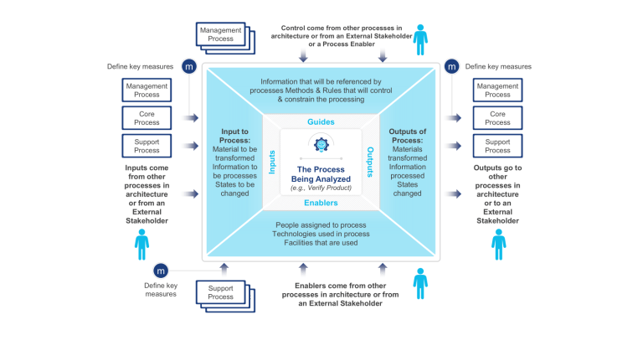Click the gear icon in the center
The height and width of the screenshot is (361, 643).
321,144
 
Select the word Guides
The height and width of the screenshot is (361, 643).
321,122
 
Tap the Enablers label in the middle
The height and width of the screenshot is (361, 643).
321,202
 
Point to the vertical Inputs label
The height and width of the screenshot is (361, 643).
271,162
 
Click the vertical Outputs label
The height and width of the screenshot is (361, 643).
371,162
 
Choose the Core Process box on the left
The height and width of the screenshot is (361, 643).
147,117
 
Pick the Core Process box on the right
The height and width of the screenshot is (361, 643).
497,117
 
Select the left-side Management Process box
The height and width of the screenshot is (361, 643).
147,90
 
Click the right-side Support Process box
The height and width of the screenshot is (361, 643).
497,146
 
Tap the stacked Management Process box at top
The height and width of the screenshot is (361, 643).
221,35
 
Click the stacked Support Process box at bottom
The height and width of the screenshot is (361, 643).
221,292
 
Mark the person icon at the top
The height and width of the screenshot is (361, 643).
420,40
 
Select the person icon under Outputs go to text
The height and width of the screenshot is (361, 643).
499,244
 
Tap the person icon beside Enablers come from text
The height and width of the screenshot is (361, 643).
420,283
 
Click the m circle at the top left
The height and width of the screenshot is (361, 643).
189,66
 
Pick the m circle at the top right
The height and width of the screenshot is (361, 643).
451,66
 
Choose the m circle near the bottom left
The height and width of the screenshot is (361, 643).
160,271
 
